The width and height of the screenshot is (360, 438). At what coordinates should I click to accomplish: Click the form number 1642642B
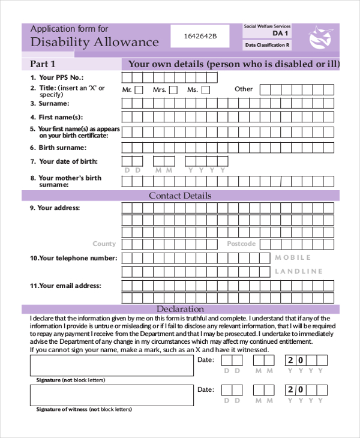(x=200, y=36)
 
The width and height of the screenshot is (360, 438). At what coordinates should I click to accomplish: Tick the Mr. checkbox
(x=139, y=90)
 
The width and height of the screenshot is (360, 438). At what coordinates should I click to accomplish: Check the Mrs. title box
(x=173, y=90)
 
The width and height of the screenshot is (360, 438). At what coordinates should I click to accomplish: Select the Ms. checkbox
(x=206, y=90)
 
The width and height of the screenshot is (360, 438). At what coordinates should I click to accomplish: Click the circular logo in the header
(x=320, y=38)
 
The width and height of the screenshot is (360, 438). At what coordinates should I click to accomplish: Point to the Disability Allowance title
(x=94, y=42)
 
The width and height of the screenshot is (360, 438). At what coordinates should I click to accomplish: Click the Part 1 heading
(x=43, y=64)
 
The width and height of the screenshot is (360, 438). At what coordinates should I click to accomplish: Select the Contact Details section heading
(x=180, y=196)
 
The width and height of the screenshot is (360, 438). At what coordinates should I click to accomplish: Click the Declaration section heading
(x=180, y=309)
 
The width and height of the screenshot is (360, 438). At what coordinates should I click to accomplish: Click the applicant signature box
(x=112, y=365)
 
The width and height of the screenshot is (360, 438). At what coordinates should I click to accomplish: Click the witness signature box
(x=112, y=395)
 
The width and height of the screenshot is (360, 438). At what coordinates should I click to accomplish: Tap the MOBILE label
(x=293, y=257)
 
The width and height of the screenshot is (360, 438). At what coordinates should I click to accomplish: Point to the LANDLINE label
(x=299, y=271)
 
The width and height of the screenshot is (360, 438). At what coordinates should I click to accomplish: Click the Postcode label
(x=241, y=244)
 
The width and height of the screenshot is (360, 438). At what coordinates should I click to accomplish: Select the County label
(x=104, y=244)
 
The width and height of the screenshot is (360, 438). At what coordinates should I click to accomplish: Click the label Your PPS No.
(x=61, y=77)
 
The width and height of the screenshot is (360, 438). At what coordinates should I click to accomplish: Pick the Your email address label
(x=69, y=286)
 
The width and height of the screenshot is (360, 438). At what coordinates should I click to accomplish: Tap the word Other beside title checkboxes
(x=244, y=89)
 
